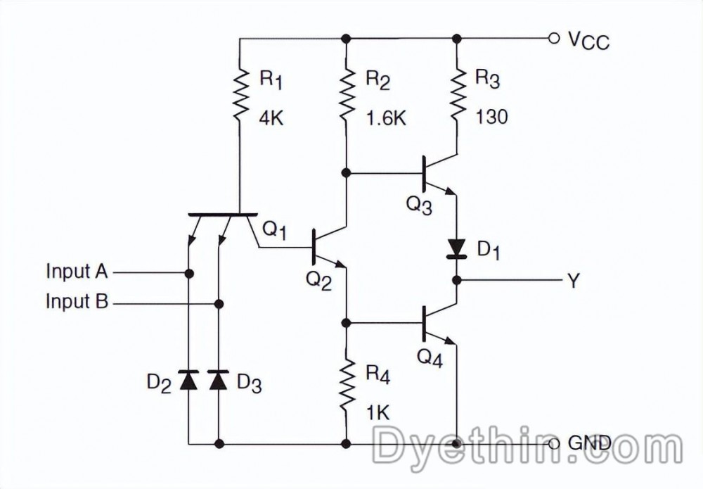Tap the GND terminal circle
click(x=554, y=444)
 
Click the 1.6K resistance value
click(x=385, y=118)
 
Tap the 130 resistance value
click(x=491, y=118)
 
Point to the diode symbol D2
click(x=189, y=380)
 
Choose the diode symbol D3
click(x=219, y=380)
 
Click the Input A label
click(x=77, y=271)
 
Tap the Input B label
click(x=77, y=303)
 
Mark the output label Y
click(x=573, y=281)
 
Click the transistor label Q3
click(x=419, y=205)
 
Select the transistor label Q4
click(x=430, y=357)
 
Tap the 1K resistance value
click(x=378, y=412)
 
